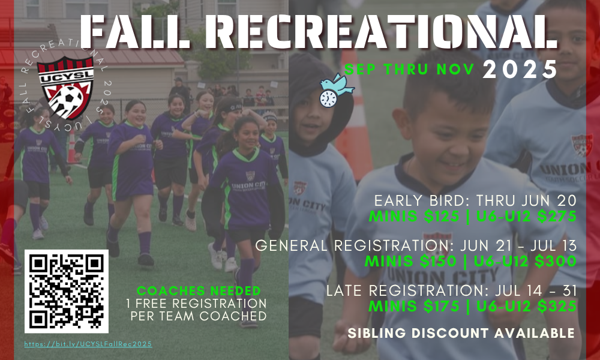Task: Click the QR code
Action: coord(67,292)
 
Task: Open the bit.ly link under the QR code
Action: coord(88,344)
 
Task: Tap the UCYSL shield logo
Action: coord(65,88)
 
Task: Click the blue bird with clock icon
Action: coord(337,90)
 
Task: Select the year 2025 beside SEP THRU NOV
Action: coord(519,70)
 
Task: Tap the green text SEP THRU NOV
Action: coord(409,69)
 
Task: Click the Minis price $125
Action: coord(442,216)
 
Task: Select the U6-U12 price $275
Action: coord(557,216)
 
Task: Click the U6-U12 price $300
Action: coord(556,261)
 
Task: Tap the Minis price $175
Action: coord(442,306)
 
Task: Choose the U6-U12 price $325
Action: coord(557,306)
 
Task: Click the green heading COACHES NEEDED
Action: coord(199,291)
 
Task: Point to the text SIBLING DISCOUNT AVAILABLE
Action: coord(461,333)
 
